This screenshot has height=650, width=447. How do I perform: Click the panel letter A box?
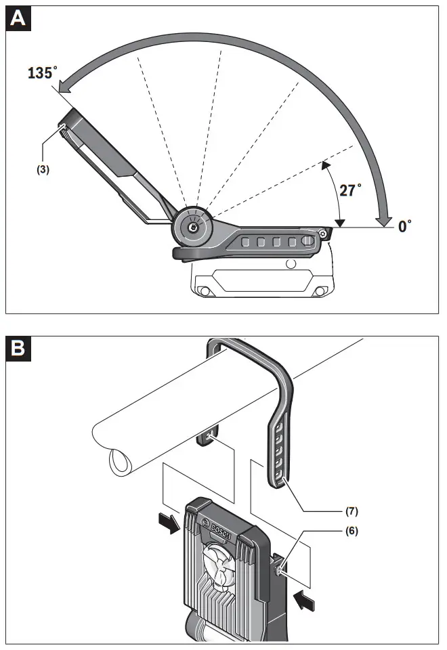[x=18, y=19]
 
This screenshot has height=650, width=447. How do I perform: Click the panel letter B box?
[x=18, y=349]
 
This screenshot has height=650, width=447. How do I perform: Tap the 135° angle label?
[x=42, y=74]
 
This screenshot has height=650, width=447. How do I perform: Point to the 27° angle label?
[x=350, y=190]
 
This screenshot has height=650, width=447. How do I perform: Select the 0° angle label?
[x=405, y=226]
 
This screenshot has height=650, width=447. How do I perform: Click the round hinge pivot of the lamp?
[x=193, y=229]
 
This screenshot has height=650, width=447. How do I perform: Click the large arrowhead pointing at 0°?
[x=385, y=218]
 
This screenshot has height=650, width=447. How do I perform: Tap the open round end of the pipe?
[x=121, y=464]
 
